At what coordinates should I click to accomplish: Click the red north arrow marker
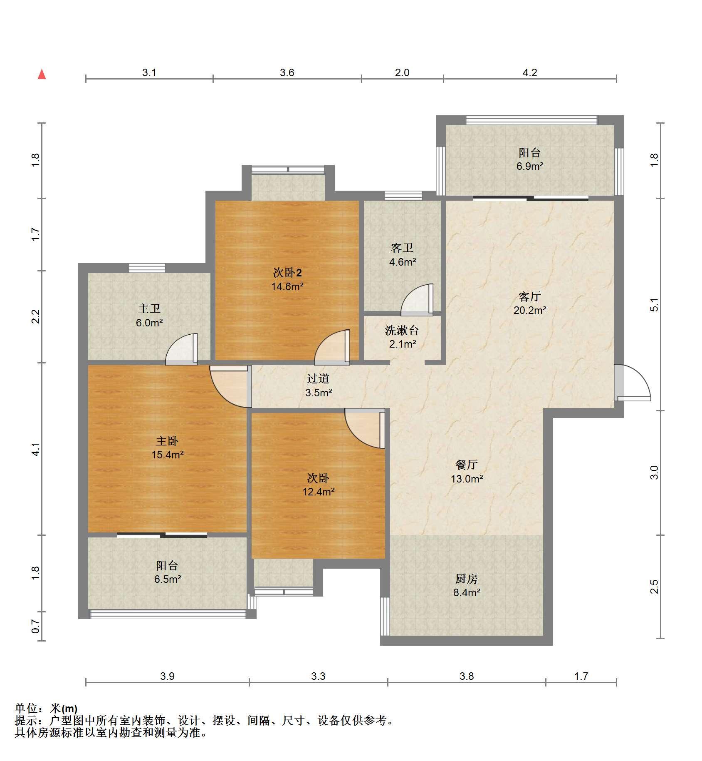pos(42,75)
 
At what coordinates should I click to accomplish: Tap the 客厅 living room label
pos(529,296)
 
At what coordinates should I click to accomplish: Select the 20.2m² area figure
pos(529,310)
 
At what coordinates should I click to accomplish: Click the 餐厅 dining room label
pos(466,465)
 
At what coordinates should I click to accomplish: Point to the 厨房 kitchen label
pos(466,579)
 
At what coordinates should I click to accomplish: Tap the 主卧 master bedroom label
pos(167,441)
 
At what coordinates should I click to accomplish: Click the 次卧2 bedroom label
pos(287,273)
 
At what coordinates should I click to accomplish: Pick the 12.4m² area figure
pos(318,492)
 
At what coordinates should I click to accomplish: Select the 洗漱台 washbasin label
pos(402,331)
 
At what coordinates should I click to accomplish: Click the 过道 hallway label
pos(318,378)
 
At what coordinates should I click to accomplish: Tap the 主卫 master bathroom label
pos(149,308)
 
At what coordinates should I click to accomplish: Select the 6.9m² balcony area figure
pos(529,166)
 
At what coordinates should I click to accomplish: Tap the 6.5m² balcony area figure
pos(167,579)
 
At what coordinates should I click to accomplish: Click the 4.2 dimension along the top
pos(529,73)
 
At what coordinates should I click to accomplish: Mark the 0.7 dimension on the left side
pos(36,627)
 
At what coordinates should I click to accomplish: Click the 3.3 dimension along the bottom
pos(318,676)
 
